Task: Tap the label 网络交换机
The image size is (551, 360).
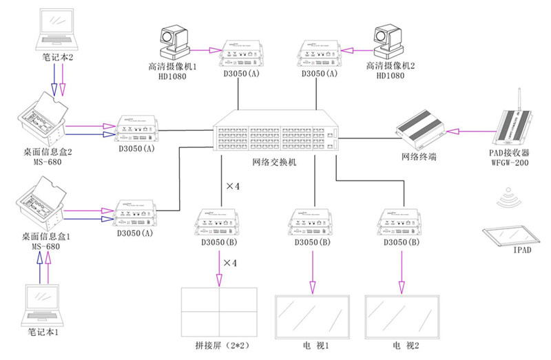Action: point(276,162)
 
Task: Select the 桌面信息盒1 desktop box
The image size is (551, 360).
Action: point(42,201)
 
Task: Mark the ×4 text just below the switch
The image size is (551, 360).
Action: point(232,187)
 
